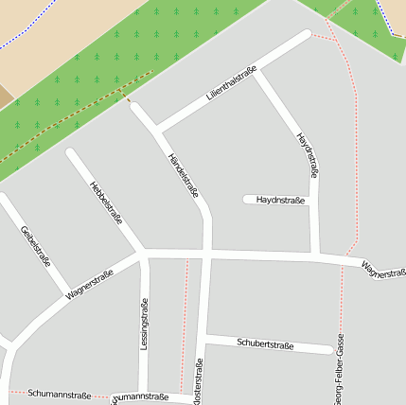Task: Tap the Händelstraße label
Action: point(184,176)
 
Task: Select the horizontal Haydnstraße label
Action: point(280,200)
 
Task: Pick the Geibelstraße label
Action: point(35,246)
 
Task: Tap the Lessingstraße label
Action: point(144,326)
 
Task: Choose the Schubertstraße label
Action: point(266,344)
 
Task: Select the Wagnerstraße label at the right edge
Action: point(382,272)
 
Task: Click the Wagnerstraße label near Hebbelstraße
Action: point(90,284)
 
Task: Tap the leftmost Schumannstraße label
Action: point(59,393)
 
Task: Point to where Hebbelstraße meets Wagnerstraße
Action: point(144,254)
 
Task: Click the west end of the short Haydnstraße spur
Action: point(248,200)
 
